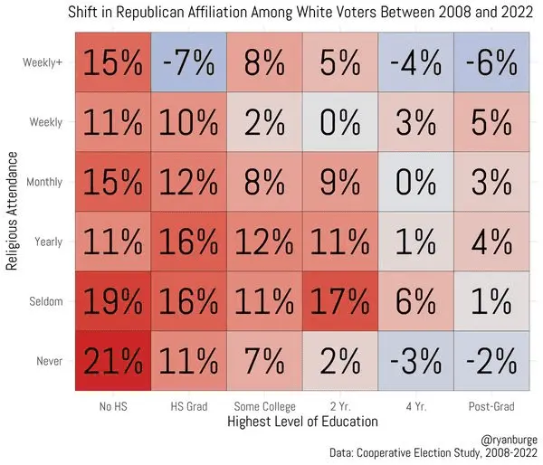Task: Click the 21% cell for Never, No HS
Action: [113, 361]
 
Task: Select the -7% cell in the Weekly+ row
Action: [189, 62]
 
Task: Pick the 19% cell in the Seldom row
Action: [113, 301]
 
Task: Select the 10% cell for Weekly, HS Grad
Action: [189, 122]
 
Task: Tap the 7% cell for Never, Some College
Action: [265, 361]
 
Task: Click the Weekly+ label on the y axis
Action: [43, 62]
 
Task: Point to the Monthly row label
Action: [46, 182]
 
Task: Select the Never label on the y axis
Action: [51, 361]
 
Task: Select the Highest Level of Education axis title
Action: [302, 422]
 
